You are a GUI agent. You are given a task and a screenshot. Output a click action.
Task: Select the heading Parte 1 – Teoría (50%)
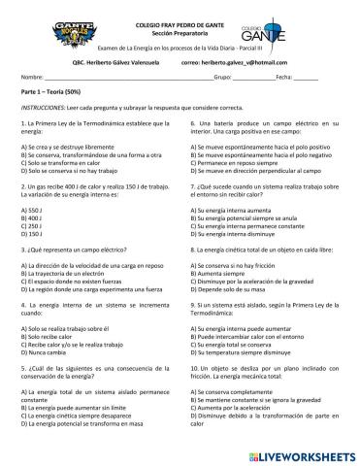click(57, 90)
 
